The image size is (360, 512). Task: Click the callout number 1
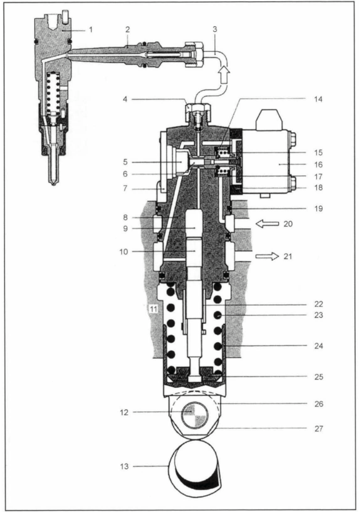(91, 30)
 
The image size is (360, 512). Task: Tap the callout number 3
(214, 29)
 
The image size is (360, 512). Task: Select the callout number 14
(318, 99)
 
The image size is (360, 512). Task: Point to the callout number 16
(318, 165)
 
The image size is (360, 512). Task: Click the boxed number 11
(153, 308)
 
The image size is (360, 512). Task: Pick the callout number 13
(124, 466)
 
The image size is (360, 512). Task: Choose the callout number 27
(319, 428)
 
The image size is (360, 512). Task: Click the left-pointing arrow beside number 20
(267, 224)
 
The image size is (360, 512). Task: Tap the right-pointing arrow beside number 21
(267, 257)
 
